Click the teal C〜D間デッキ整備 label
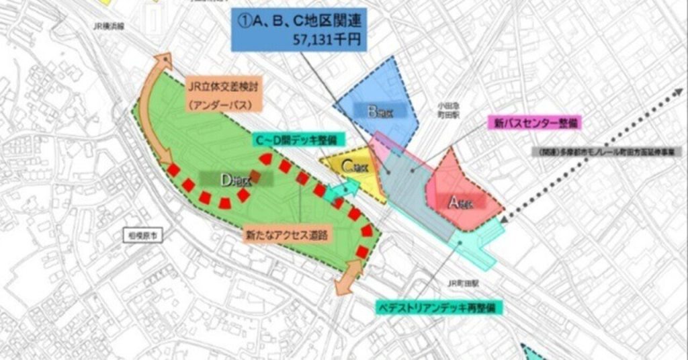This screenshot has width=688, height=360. pos(298,140)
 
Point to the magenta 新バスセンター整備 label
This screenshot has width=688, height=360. pos(533,123)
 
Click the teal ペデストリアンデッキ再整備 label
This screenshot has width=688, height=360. pos(435,306)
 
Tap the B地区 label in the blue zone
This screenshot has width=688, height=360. pos(382,112)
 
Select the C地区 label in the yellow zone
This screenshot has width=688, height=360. pos(353,166)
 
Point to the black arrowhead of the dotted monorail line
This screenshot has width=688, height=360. pos(505,216)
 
